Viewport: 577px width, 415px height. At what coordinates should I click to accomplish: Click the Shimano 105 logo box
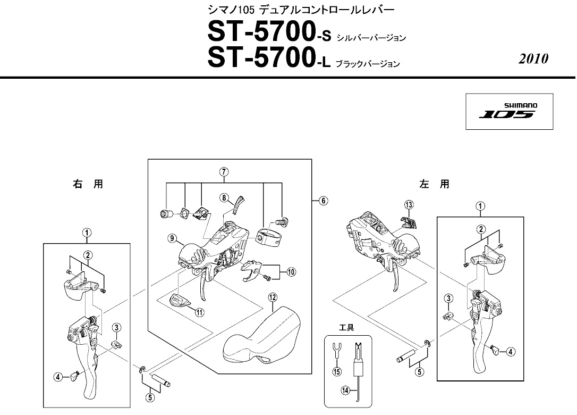pyautogui.click(x=506, y=111)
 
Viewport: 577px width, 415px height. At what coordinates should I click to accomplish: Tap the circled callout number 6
pyautogui.click(x=323, y=201)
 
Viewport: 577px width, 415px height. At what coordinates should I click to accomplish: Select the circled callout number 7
pyautogui.click(x=224, y=172)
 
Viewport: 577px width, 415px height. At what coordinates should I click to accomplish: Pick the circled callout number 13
pyautogui.click(x=408, y=205)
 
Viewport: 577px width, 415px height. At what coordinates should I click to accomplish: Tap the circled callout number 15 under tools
pyautogui.click(x=336, y=372)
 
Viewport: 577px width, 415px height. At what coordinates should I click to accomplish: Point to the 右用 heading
pyautogui.click(x=87, y=185)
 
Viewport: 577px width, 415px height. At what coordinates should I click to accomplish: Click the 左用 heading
pyautogui.click(x=434, y=185)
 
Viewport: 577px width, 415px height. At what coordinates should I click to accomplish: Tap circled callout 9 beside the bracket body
pyautogui.click(x=172, y=239)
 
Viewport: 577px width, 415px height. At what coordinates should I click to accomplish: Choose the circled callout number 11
pyautogui.click(x=199, y=313)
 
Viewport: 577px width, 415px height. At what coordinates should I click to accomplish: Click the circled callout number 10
pyautogui.click(x=291, y=271)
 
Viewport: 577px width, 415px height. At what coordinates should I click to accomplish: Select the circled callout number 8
pyautogui.click(x=225, y=197)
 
